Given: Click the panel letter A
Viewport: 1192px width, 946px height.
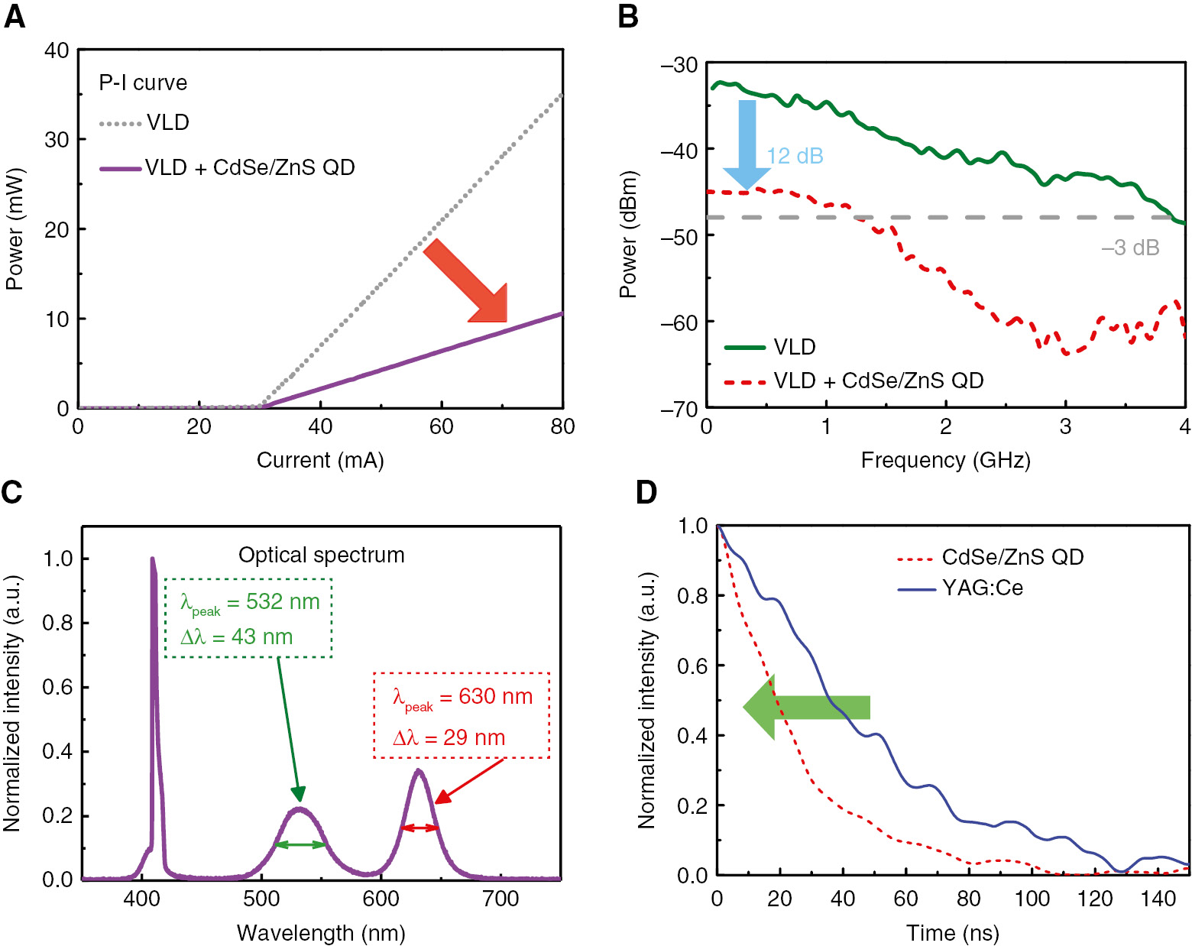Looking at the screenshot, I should coord(15,16).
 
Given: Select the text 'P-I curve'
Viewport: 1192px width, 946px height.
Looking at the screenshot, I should coord(143,83).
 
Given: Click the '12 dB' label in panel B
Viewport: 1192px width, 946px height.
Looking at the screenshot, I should coord(795,156).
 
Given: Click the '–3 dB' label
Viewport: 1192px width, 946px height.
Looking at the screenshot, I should coord(1130,248).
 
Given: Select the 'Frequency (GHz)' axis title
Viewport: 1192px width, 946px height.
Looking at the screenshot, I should coord(945,460).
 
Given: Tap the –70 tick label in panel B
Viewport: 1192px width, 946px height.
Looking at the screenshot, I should coord(679,410).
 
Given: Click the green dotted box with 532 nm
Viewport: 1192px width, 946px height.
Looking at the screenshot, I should coord(248,618).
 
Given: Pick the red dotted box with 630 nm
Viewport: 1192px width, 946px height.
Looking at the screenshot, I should coord(462,716).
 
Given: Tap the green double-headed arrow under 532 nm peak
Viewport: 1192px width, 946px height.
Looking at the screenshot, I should coord(300,844).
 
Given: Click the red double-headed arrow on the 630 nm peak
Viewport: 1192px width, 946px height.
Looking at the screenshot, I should coord(420,828).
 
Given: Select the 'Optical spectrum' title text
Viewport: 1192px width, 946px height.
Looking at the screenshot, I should coord(321,555).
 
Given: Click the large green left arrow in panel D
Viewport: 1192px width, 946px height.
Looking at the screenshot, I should coord(805,707).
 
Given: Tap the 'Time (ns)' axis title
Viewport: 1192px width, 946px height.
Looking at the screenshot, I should coord(952,933).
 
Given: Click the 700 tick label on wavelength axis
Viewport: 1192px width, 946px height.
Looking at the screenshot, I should coord(501,899).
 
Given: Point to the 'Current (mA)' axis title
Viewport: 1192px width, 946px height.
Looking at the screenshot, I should coord(320,460).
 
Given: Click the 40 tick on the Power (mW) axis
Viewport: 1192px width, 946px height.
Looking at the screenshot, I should coord(57,50).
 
